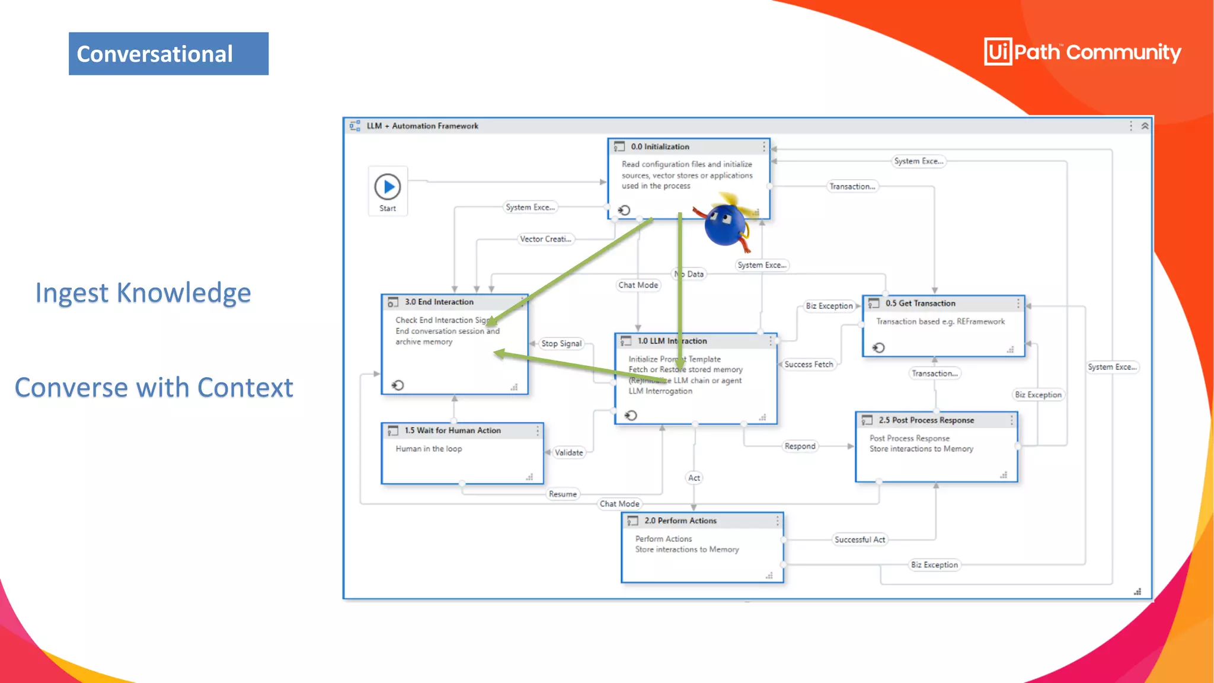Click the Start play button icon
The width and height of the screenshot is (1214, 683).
(388, 187)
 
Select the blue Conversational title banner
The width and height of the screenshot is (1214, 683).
(168, 54)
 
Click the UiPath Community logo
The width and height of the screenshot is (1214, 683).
(1082, 52)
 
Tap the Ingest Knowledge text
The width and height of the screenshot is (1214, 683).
(143, 293)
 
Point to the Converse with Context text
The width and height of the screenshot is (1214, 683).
(154, 388)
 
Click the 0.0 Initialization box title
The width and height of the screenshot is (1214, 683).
(660, 146)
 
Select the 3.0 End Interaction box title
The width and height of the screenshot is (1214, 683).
(439, 302)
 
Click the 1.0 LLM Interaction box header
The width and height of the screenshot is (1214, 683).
(672, 341)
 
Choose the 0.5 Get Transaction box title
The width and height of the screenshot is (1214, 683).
(920, 303)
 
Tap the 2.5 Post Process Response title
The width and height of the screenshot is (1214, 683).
(926, 420)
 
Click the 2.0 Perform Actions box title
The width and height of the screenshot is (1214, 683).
(681, 521)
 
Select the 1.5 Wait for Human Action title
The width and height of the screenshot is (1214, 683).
(452, 430)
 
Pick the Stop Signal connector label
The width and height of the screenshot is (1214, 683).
(561, 343)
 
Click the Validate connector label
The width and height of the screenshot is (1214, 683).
(568, 452)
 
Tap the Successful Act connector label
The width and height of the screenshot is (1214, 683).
(860, 540)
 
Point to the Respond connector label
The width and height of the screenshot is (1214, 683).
(800, 446)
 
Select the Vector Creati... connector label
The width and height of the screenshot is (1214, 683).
(545, 239)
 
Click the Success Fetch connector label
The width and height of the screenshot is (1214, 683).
(809, 364)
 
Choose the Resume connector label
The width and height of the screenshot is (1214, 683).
(562, 494)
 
